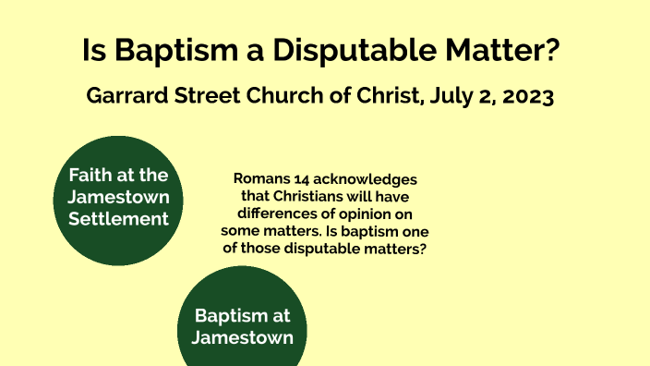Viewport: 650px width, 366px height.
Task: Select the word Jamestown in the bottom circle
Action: pyautogui.click(x=242, y=338)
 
